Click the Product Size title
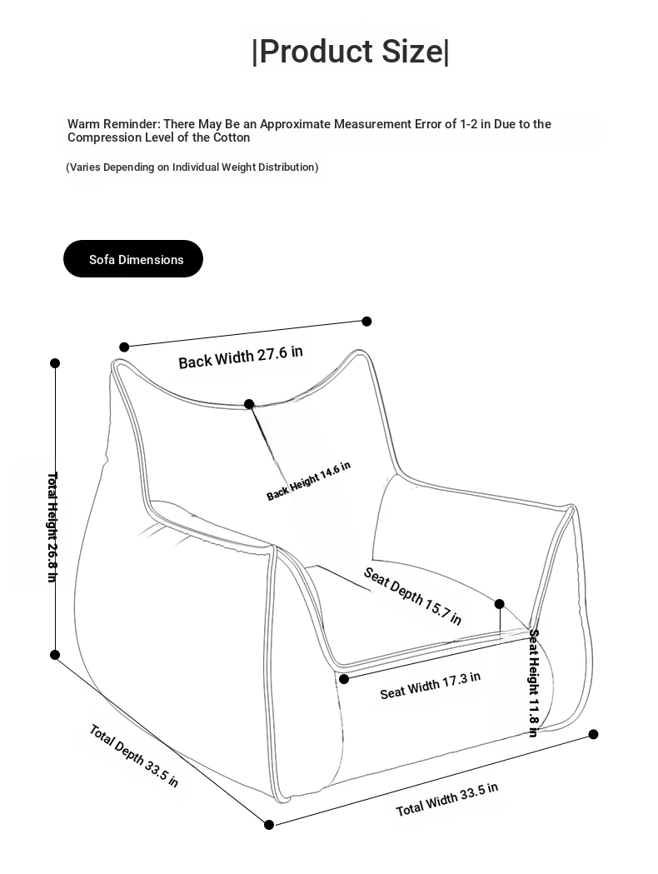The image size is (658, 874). [x=350, y=52]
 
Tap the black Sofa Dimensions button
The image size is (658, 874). [x=133, y=259]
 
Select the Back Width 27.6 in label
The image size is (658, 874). [x=241, y=357]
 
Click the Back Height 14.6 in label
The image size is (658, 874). [x=308, y=481]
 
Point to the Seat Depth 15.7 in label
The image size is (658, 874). [x=412, y=596]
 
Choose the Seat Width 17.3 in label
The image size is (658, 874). [x=430, y=686]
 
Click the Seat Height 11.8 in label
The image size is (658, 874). [x=533, y=682]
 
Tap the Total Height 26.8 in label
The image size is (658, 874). [x=52, y=527]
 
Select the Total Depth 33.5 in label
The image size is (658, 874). [x=133, y=756]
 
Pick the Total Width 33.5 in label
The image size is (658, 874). [x=446, y=799]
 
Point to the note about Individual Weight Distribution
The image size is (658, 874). [x=192, y=167]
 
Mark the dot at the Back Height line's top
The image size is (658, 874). [x=249, y=404]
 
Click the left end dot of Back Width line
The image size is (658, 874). [x=124, y=347]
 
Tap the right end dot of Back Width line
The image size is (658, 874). [x=366, y=321]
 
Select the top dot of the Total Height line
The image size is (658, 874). [x=55, y=363]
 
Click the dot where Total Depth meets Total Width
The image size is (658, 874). [x=269, y=825]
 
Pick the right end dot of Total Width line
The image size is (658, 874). [x=594, y=734]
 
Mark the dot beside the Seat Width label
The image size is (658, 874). [x=344, y=679]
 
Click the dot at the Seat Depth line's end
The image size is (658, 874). [x=500, y=604]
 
